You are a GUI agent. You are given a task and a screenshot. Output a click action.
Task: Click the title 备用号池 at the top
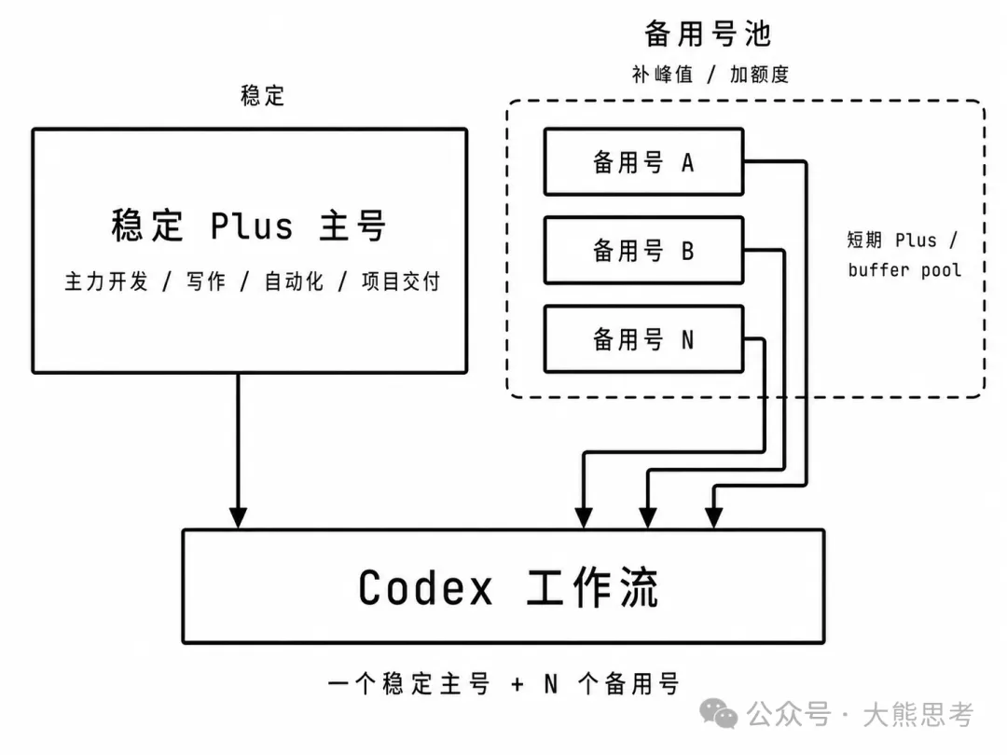708,34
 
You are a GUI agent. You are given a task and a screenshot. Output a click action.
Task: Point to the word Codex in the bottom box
425,587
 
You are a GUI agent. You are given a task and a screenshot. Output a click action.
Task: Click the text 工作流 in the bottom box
593,587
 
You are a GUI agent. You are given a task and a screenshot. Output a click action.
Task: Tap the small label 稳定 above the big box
263,96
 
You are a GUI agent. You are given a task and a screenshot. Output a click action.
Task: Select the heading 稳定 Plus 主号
249,226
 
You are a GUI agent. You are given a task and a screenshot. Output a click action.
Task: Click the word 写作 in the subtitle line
206,281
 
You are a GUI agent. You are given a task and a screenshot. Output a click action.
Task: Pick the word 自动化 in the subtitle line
294,281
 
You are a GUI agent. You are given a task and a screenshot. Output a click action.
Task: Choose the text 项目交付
401,281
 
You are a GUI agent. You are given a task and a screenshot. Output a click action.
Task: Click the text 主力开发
106,281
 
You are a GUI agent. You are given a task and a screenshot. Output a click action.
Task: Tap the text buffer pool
904,269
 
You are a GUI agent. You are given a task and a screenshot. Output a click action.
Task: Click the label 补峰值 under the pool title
662,75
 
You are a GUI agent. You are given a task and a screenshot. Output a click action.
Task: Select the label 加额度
759,75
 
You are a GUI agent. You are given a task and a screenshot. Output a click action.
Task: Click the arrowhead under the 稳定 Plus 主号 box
239,517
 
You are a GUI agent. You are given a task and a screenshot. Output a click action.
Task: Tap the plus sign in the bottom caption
517,684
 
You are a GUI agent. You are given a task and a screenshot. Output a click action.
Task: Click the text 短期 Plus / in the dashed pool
903,240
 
